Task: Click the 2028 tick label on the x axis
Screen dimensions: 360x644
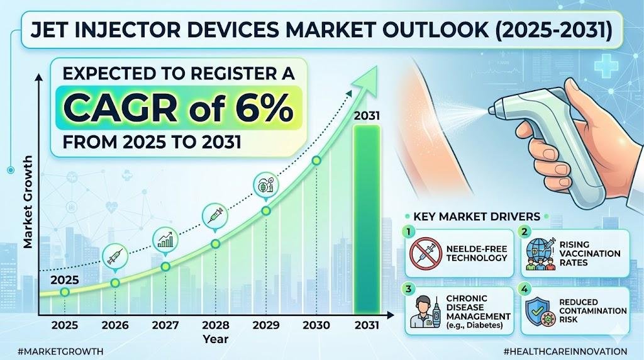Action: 216,325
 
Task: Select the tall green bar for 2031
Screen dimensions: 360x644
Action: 366,220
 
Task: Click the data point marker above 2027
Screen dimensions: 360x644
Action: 165,266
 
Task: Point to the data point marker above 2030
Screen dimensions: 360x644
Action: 316,161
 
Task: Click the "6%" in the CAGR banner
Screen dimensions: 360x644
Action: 264,109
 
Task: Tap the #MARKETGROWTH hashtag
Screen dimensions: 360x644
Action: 53,351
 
